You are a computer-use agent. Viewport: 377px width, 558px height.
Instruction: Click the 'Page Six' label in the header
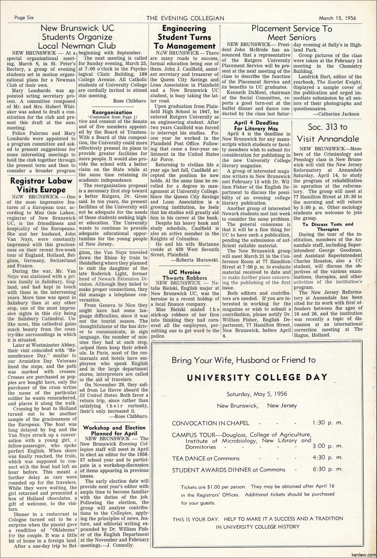[x=24, y=18]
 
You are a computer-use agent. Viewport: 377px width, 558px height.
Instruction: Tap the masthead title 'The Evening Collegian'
[x=185, y=18]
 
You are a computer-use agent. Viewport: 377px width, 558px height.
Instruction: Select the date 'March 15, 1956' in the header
[x=337, y=18]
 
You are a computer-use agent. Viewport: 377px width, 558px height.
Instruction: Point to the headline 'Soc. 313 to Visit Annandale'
[x=328, y=133]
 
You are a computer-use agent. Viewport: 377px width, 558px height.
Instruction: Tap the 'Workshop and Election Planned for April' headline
[x=114, y=430]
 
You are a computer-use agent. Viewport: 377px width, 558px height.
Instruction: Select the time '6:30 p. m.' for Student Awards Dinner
[x=327, y=469]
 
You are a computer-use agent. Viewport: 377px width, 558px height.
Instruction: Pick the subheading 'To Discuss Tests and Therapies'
[x=328, y=226]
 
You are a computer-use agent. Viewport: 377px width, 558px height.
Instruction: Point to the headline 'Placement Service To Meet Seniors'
[x=292, y=33]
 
